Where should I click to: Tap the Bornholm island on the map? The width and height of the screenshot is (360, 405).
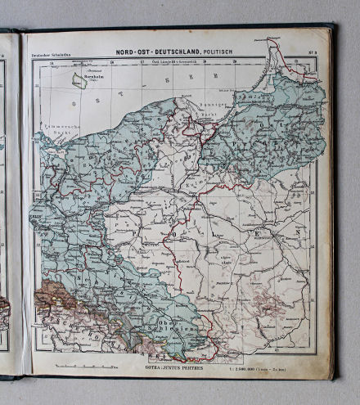tap(79, 80)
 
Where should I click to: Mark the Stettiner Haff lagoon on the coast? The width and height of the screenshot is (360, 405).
tap(45, 164)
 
